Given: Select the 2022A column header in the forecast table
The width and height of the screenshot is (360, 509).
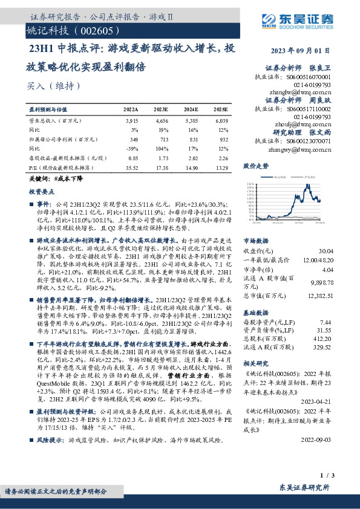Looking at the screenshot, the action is [131, 109].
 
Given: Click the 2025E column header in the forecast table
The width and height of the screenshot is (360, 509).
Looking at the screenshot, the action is [220, 109].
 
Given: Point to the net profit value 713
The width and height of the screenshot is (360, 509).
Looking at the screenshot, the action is [162, 138].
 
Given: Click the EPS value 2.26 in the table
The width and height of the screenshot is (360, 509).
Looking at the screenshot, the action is [222, 157].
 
